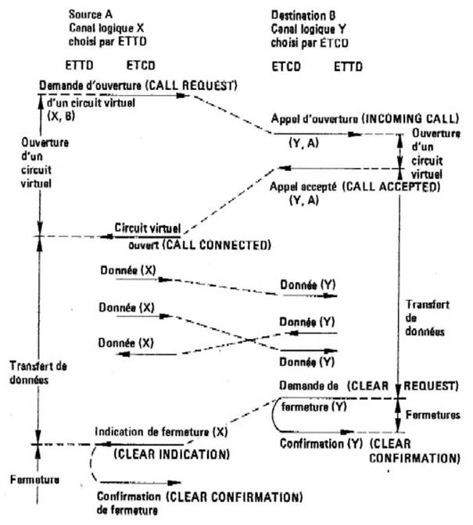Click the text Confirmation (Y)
click(318, 442)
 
